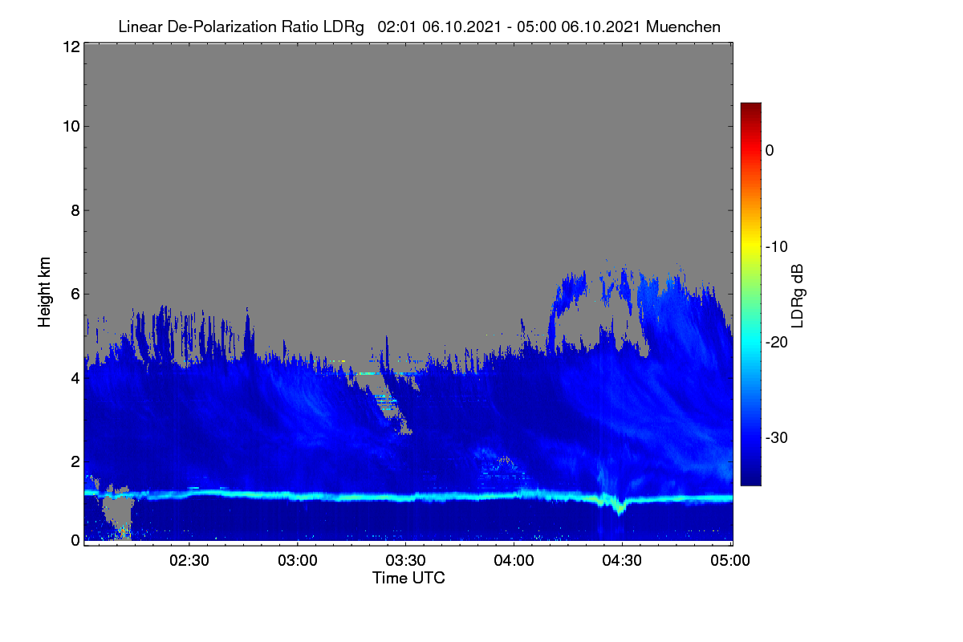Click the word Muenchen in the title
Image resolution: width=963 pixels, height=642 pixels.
tap(683, 26)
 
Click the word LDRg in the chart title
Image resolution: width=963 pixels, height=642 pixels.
tap(343, 27)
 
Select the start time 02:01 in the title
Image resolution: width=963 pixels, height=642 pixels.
tap(396, 26)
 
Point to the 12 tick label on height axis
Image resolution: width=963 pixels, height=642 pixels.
tap(71, 47)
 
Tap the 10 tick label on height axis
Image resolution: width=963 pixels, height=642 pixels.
tap(71, 127)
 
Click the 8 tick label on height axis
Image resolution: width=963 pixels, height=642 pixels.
tap(75, 210)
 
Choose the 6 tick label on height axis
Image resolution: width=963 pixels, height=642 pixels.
tap(75, 295)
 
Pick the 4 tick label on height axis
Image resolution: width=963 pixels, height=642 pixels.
tap(75, 378)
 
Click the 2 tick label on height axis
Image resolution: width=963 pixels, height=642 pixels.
tap(75, 461)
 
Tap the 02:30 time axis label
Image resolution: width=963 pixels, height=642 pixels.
tap(189, 560)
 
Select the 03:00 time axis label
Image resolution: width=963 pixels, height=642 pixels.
tap(298, 560)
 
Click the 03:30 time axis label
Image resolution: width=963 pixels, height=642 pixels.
tap(405, 560)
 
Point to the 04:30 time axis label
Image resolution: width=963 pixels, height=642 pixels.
tap(622, 560)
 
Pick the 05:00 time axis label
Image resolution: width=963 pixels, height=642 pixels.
tap(730, 560)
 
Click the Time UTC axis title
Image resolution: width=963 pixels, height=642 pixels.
tap(408, 578)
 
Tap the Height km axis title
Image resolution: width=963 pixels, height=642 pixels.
tap(44, 292)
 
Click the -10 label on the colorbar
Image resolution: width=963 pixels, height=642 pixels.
tap(777, 247)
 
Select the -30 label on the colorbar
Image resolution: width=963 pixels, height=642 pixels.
tap(777, 437)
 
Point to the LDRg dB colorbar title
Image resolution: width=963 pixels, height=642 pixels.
tap(797, 296)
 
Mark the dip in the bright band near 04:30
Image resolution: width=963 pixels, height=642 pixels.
tap(619, 509)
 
